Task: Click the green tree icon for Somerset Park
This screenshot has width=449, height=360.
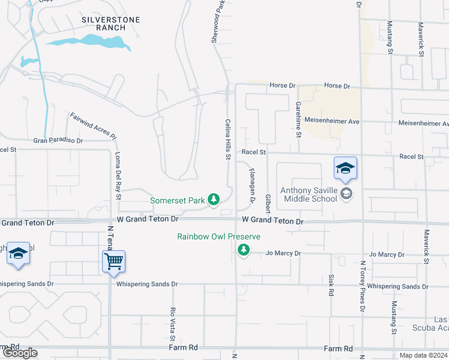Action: pyautogui.click(x=213, y=199)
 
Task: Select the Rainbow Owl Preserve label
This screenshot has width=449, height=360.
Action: pyautogui.click(x=218, y=236)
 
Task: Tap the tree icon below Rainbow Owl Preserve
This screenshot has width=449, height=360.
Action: pyautogui.click(x=243, y=250)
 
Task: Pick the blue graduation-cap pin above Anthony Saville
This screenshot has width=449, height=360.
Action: pyautogui.click(x=346, y=169)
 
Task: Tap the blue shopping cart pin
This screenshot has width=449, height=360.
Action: pyautogui.click(x=113, y=262)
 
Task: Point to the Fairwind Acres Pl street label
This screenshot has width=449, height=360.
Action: pyautogui.click(x=92, y=126)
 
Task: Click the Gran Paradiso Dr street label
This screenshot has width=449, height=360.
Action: pyautogui.click(x=58, y=140)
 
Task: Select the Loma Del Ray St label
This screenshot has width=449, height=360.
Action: pyautogui.click(x=118, y=175)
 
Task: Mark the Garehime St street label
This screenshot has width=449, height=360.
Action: pyautogui.click(x=298, y=118)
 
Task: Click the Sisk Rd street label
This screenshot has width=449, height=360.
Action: pyautogui.click(x=331, y=286)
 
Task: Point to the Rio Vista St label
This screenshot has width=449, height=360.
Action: pyautogui.click(x=172, y=320)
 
